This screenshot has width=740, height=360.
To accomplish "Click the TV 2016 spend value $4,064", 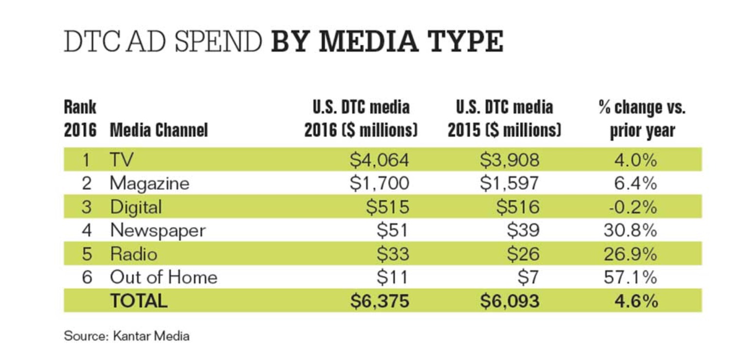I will tap(380, 160).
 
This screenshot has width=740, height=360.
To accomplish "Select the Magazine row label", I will tap(149, 183).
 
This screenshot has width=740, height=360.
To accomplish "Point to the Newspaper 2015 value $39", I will tap(523, 230).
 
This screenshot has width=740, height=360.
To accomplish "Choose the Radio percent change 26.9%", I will tap(630, 254).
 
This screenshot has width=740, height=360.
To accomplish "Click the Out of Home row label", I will tap(163, 277).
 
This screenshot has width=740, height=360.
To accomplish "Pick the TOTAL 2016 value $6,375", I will tap(380, 301).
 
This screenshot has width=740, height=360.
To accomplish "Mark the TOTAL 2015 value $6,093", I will tap(510, 301).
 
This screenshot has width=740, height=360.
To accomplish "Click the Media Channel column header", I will tap(159, 130).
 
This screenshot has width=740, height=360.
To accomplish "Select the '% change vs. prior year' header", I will tap(642, 119).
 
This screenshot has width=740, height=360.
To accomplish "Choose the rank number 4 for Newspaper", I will tap(87, 230).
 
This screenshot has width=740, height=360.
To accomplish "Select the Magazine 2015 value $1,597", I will tap(510, 183).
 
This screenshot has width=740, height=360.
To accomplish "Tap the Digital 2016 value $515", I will tap(388, 207).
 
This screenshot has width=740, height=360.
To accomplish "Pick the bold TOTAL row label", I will tap(139, 301).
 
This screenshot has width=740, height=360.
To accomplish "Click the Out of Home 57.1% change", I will tap(630, 277).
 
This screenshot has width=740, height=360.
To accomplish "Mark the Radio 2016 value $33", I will tap(393, 254).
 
